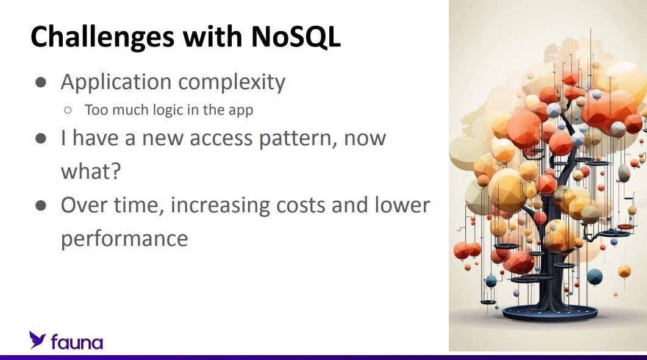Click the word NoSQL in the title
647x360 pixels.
click(295, 37)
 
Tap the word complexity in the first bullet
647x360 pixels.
click(232, 82)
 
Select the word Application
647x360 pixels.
click(116, 82)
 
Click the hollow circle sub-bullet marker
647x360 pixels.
click(68, 110)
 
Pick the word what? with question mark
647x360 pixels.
click(91, 170)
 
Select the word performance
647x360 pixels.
click(124, 239)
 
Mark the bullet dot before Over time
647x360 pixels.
click(41, 206)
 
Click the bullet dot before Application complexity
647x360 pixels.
click(41, 82)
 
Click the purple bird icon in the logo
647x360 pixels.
click(37, 340)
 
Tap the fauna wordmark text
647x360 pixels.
click(77, 342)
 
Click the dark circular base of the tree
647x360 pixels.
click(549, 314)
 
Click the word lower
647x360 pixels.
click(402, 205)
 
